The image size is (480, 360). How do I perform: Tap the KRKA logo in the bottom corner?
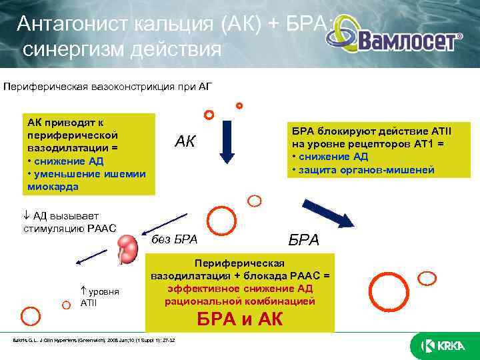(444, 345)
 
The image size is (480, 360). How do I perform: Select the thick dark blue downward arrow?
(227, 137)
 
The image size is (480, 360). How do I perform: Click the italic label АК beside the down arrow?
(186, 141)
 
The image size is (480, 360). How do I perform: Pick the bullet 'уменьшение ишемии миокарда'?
(87, 180)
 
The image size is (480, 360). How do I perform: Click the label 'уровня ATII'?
(96, 298)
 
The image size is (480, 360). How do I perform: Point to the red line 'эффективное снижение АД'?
(241, 288)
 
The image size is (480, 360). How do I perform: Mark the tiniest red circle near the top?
(239, 105)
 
